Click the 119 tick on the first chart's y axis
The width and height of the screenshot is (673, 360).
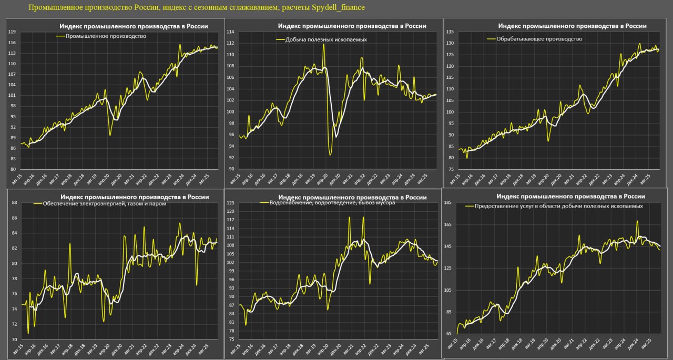point(12,32)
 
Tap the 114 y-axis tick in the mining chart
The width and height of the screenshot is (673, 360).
point(230,32)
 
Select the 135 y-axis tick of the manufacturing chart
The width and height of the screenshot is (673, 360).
point(450,32)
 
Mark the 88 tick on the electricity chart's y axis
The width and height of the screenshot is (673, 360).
point(15,202)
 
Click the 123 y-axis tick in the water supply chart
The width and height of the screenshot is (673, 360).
point(230,202)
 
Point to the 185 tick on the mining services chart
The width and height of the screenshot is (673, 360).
point(448,202)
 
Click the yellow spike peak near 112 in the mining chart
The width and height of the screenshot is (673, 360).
point(323,44)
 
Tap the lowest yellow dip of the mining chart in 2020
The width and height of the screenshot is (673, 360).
point(330,155)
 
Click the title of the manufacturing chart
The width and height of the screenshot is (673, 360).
point(572,26)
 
